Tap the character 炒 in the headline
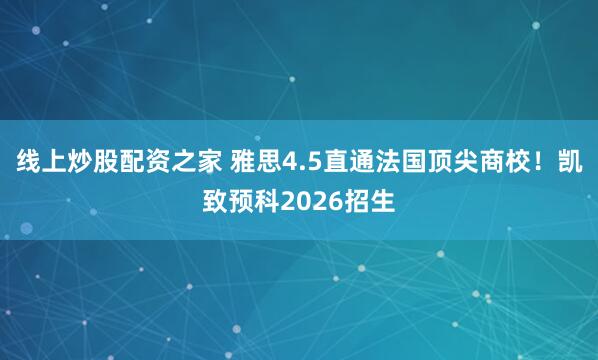[82, 160]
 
